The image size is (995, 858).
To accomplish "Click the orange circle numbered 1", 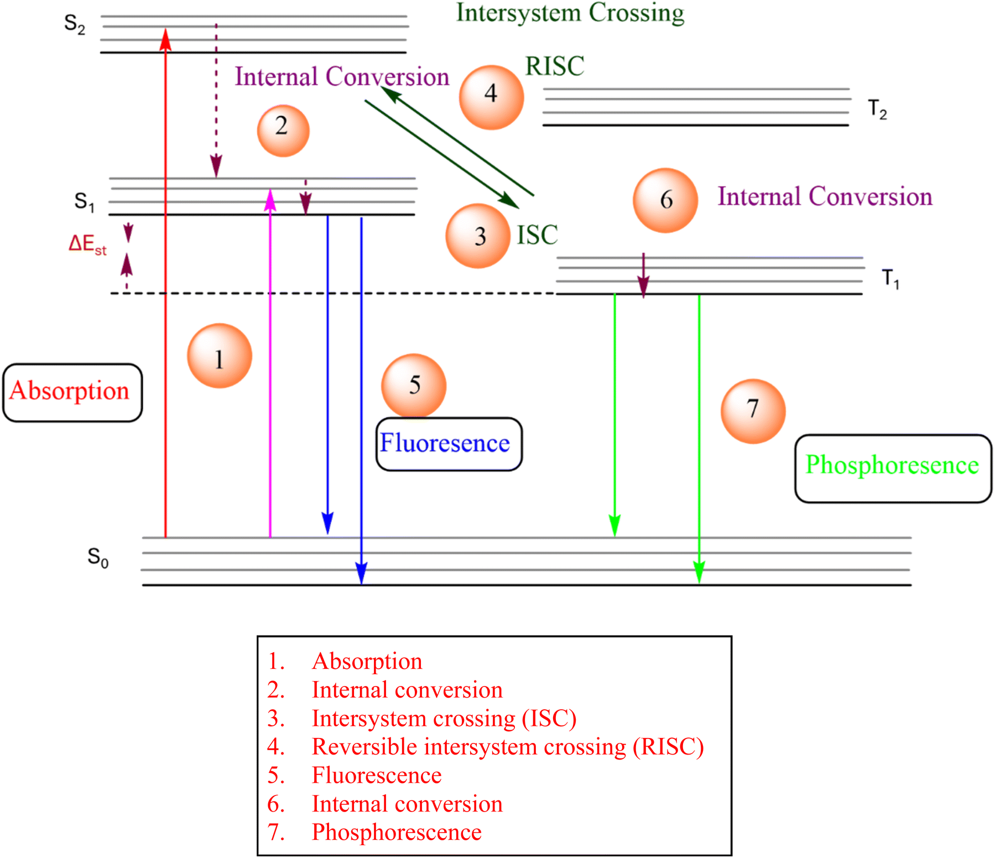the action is [220, 356].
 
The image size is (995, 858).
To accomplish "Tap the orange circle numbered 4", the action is [491, 97].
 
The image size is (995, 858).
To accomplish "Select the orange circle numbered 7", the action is [753, 411].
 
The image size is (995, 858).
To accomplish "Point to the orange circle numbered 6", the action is [665, 200].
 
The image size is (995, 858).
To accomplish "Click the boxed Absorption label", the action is [72, 392].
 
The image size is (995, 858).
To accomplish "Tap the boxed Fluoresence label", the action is [449, 444].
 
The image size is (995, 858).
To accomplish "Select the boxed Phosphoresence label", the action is [893, 468].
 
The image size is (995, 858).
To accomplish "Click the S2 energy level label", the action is [75, 24].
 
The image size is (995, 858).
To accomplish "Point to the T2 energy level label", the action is [878, 109].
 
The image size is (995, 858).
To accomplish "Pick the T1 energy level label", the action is [890, 279].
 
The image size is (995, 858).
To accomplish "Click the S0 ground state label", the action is [98, 557].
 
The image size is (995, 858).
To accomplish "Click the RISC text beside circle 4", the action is [555, 66].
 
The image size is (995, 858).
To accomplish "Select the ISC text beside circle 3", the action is [537, 235].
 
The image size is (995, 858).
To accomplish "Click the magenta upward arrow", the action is [270, 363].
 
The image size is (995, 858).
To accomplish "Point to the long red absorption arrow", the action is [165, 282].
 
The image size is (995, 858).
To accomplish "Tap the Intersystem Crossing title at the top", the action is [570, 13].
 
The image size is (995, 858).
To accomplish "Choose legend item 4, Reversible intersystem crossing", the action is [486, 747].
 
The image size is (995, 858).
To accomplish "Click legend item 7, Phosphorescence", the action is [374, 832].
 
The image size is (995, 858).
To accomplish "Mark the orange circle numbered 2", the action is [283, 131].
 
